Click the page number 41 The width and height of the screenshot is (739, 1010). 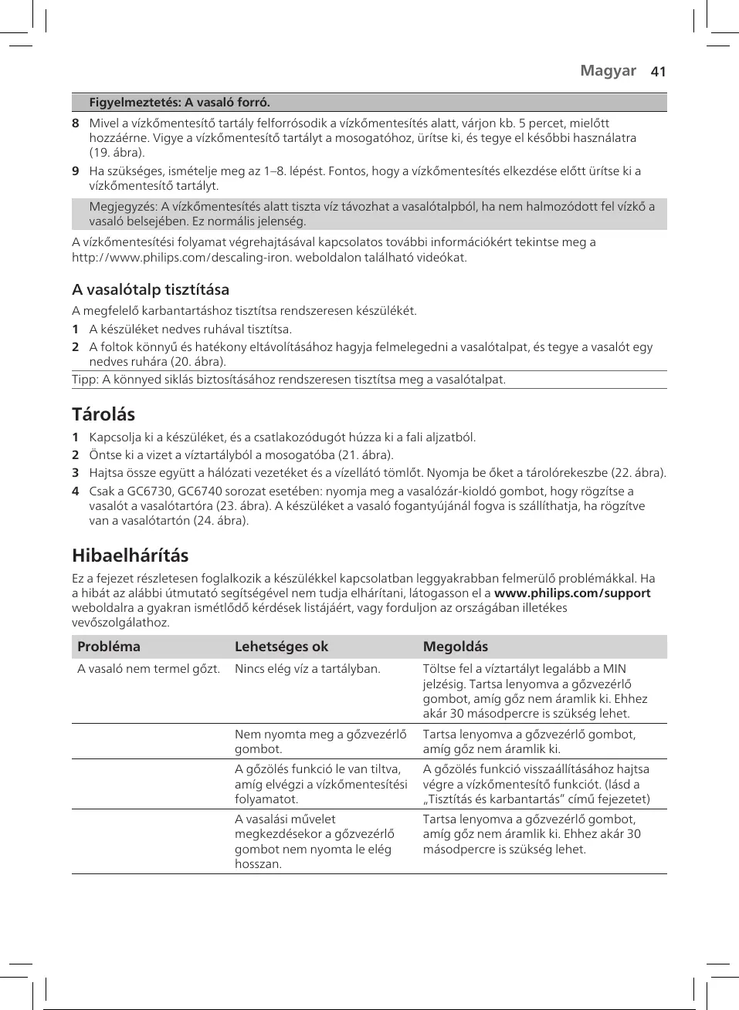658,72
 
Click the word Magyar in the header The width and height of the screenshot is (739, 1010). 608,71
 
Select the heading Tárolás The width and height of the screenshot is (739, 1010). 103,414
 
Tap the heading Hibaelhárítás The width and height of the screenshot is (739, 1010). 130,556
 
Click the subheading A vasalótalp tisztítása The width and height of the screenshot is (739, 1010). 151,289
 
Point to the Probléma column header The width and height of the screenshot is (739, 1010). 109,647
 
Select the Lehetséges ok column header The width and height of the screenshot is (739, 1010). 281,647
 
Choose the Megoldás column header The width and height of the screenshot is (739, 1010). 455,647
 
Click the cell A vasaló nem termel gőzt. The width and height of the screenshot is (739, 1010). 148,669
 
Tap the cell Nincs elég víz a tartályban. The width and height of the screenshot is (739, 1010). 307,669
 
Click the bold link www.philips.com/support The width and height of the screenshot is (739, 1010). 571,593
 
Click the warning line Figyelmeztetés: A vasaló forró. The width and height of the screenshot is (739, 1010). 179,103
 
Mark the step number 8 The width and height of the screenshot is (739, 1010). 76,123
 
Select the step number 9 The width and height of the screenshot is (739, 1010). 76,171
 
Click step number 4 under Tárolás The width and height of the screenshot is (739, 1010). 76,491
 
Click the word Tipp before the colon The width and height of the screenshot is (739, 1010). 84,380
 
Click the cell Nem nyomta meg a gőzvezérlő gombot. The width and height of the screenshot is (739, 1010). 320,741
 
